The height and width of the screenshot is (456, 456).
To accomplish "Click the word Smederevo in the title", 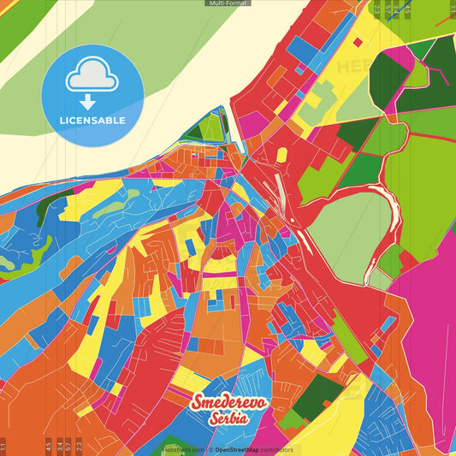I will (x=229, y=403).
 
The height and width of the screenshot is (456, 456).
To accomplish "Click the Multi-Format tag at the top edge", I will (x=228, y=3).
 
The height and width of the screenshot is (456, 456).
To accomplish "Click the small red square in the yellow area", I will (x=281, y=154).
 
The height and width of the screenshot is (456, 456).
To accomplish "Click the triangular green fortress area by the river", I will (x=209, y=128).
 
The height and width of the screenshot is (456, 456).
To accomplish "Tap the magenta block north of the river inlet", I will (x=252, y=125).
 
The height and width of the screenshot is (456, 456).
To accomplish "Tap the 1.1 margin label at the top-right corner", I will (x=452, y=10).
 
